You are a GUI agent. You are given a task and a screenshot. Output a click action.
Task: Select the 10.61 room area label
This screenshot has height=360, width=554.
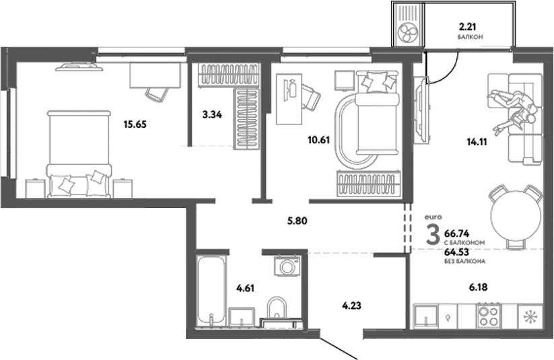pyautogui.click(x=316, y=141)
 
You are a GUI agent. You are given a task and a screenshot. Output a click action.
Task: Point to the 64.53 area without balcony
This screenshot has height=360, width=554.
pyautogui.click(x=458, y=252)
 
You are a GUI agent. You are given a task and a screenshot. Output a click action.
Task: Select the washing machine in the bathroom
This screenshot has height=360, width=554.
pyautogui.click(x=287, y=266)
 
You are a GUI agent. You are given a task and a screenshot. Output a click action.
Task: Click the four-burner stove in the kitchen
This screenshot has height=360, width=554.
pyautogui.click(x=487, y=315)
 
